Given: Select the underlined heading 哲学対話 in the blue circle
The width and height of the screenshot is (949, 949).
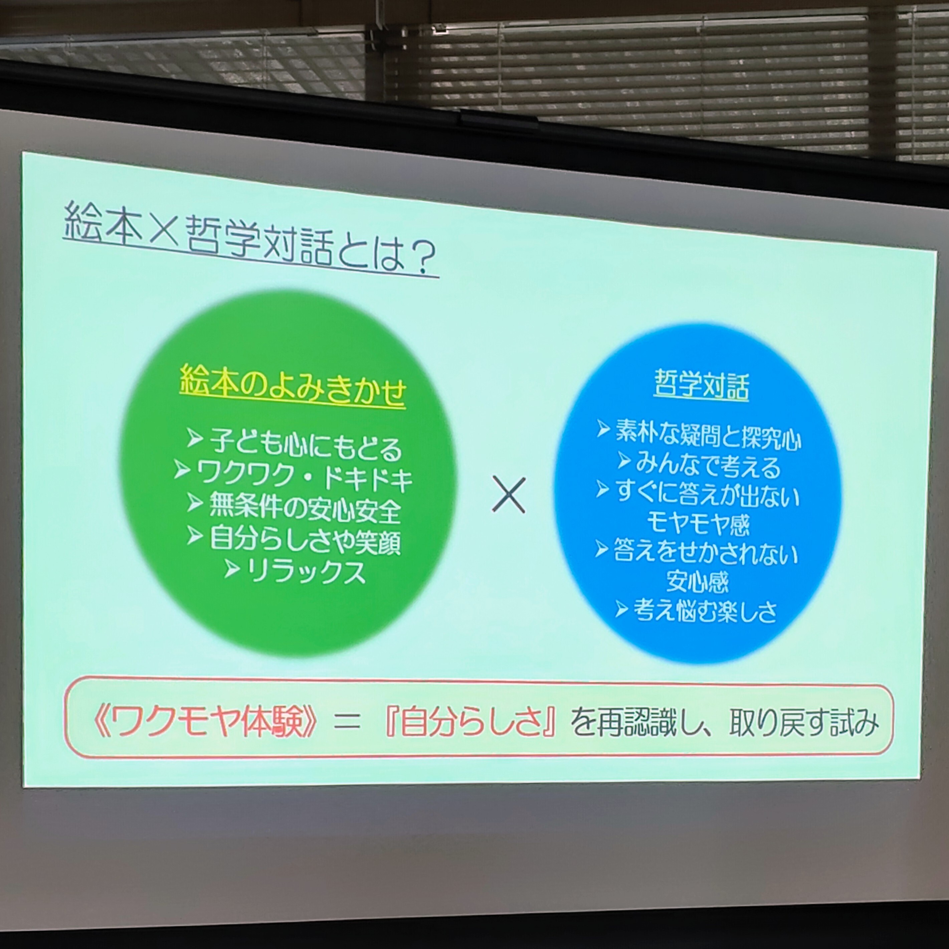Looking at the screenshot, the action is pyautogui.click(x=702, y=385).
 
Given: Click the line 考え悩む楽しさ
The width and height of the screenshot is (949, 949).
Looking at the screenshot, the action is pyautogui.click(x=705, y=611).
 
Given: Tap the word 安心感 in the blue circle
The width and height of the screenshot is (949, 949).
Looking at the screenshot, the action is pyautogui.click(x=698, y=582).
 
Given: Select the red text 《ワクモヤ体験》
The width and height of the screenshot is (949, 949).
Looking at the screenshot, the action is pyautogui.click(x=205, y=723).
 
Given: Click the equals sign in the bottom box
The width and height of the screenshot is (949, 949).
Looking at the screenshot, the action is pyautogui.click(x=347, y=724).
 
